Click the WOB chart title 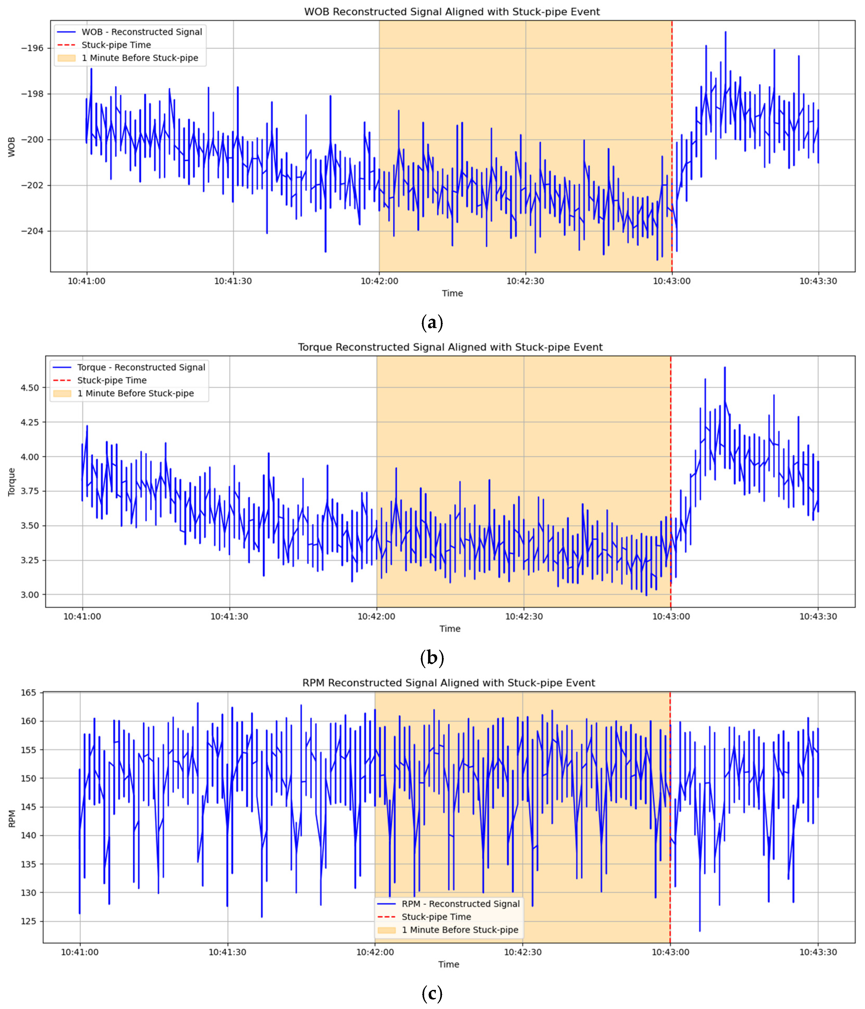pyautogui.click(x=452, y=12)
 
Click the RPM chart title pyautogui.click(x=448, y=683)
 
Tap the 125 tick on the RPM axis pyautogui.click(x=30, y=921)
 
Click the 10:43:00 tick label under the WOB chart pyautogui.click(x=672, y=281)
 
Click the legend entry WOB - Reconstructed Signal pyautogui.click(x=141, y=32)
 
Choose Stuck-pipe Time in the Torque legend pyautogui.click(x=111, y=380)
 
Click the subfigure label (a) pyautogui.click(x=431, y=322)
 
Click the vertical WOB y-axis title pyautogui.click(x=12, y=146)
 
